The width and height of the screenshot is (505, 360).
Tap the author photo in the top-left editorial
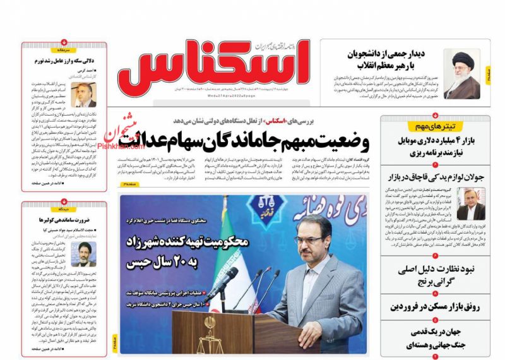click(83, 95)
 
